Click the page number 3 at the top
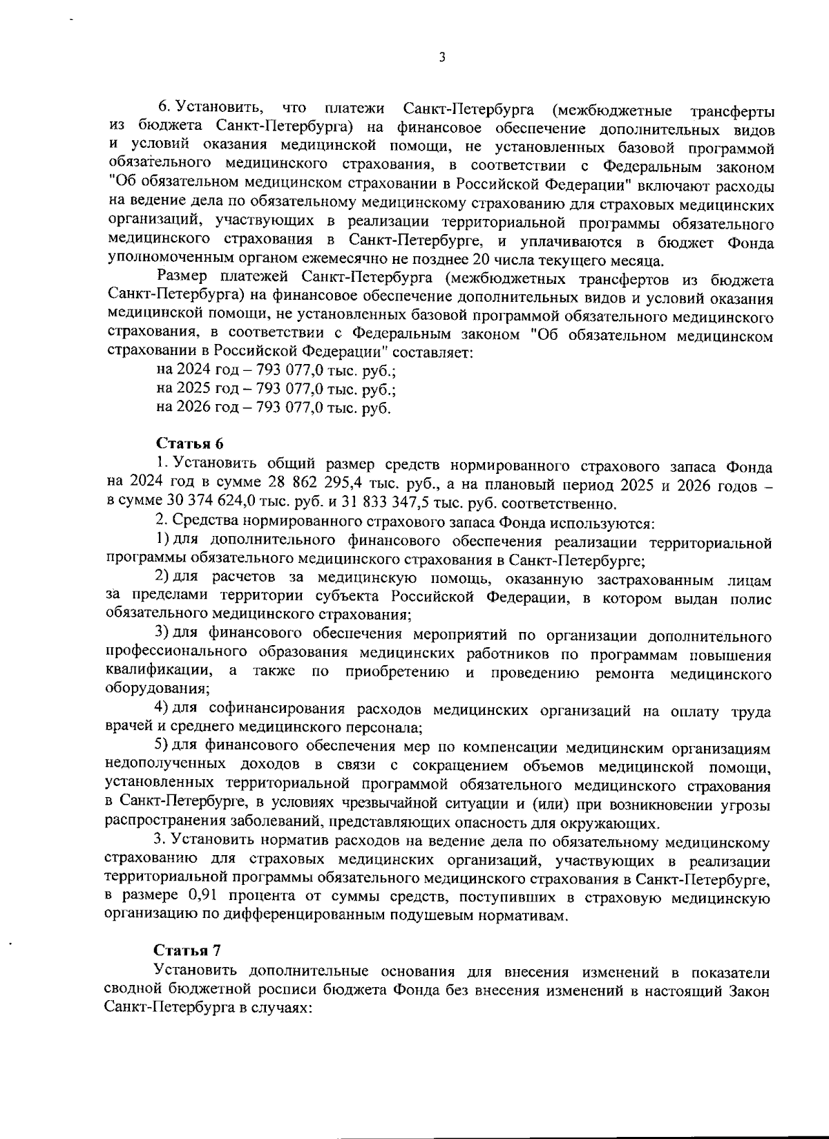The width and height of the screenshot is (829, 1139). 441,58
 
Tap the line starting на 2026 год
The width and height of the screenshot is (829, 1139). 274,408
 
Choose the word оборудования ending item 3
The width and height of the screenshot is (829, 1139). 157,689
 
